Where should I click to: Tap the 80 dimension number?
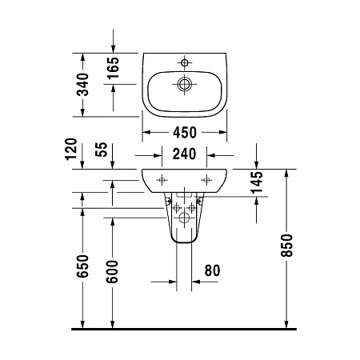[211, 270]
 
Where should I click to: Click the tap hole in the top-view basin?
[185, 62]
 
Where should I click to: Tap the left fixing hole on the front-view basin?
[162, 178]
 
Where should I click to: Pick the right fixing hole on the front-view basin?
[207, 178]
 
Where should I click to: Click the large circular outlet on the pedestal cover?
[185, 217]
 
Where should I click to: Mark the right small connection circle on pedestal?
[193, 208]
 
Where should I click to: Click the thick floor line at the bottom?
[184, 329]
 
